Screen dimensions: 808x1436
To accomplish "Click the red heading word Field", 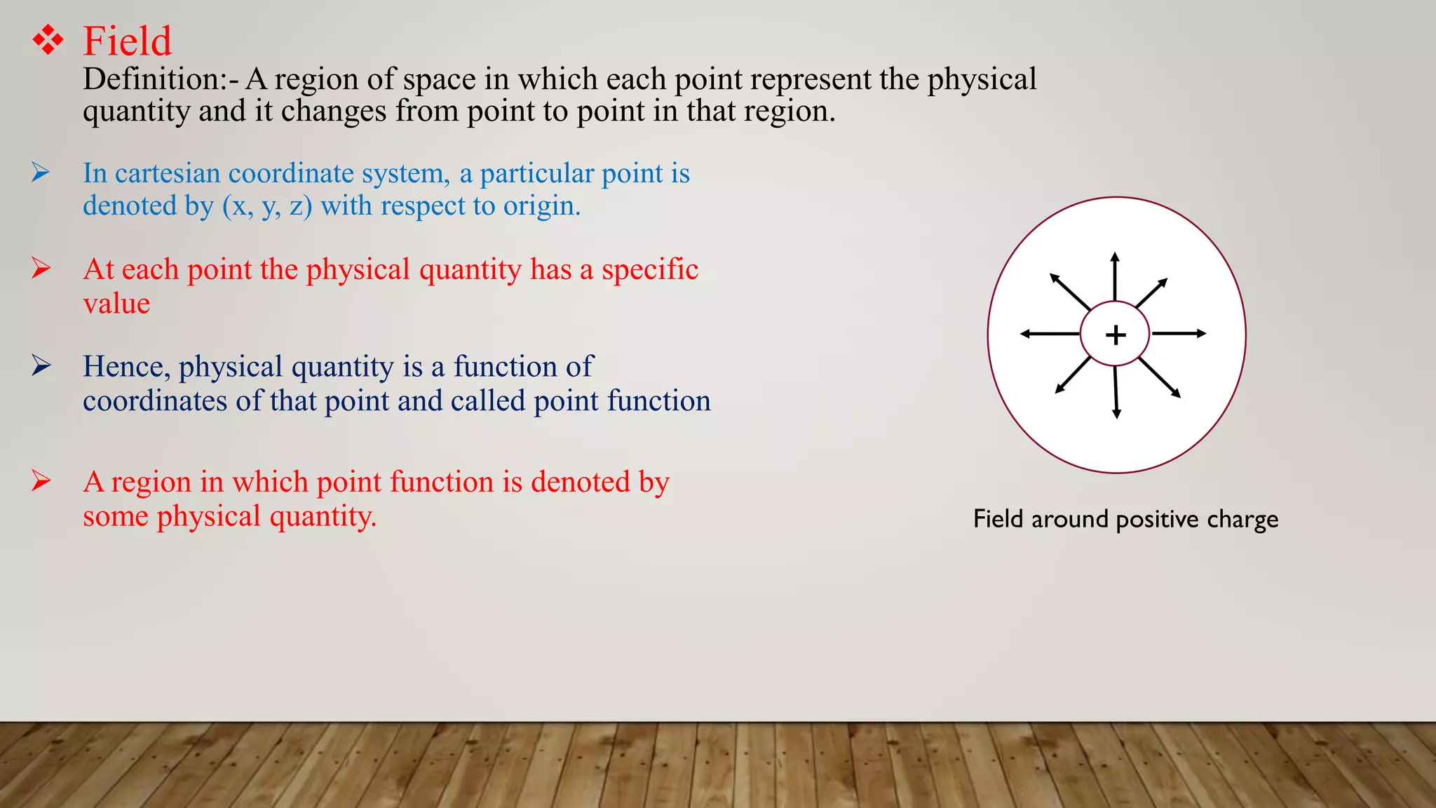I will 127,41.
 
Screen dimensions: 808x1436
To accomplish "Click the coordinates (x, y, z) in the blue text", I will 267,206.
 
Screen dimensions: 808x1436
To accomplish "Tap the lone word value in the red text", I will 116,304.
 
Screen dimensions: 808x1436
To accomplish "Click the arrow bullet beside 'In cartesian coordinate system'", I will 41,172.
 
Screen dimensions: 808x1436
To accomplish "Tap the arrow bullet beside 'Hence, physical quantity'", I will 41,365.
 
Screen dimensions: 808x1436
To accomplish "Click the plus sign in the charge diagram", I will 1116,335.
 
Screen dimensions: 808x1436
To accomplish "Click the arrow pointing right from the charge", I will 1179,334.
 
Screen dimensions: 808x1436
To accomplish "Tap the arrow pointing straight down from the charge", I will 1116,393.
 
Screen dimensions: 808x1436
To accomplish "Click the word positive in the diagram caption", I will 1158,519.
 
